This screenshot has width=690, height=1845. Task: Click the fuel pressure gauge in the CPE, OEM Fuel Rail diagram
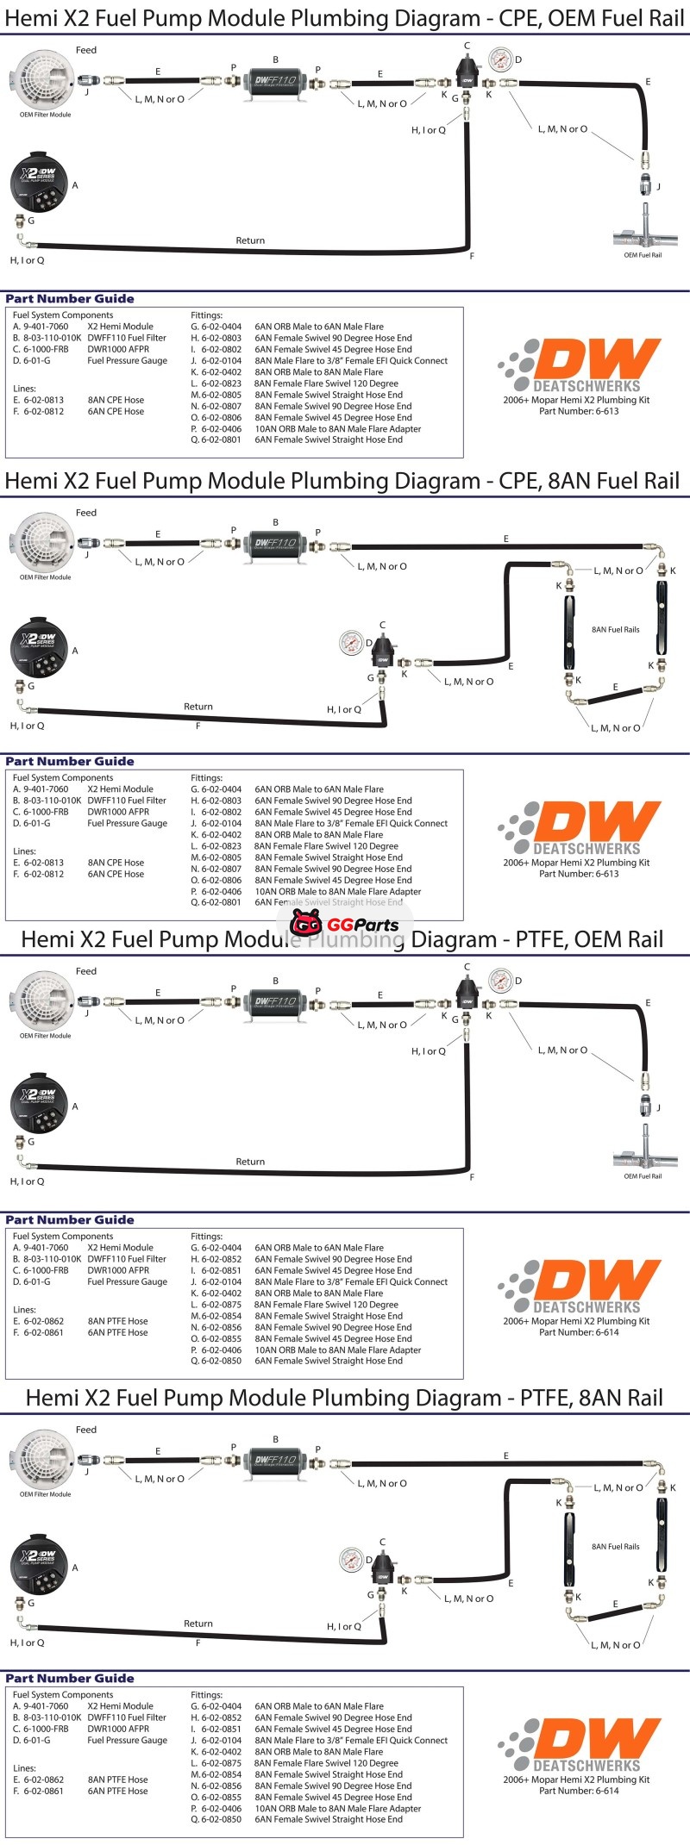499,60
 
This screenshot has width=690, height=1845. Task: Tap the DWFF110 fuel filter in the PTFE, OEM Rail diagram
275,1001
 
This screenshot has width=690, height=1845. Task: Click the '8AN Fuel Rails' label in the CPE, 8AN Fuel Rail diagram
615,630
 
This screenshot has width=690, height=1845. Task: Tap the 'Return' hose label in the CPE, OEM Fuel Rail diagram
250,240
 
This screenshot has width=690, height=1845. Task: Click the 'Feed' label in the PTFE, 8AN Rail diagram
86,1430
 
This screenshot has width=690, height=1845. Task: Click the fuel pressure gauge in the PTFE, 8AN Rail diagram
351,1559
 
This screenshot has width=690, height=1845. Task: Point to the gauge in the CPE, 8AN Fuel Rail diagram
351,642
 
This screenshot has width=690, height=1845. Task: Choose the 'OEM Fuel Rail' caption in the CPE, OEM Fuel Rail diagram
643,255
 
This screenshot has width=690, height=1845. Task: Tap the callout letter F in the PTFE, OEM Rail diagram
472,1177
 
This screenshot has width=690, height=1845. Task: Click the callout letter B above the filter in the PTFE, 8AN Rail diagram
276,1439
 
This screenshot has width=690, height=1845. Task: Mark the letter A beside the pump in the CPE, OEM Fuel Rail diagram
75,185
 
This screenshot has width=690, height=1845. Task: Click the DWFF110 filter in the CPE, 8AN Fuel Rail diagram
275,543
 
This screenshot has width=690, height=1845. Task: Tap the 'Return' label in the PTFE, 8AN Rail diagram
198,1624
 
